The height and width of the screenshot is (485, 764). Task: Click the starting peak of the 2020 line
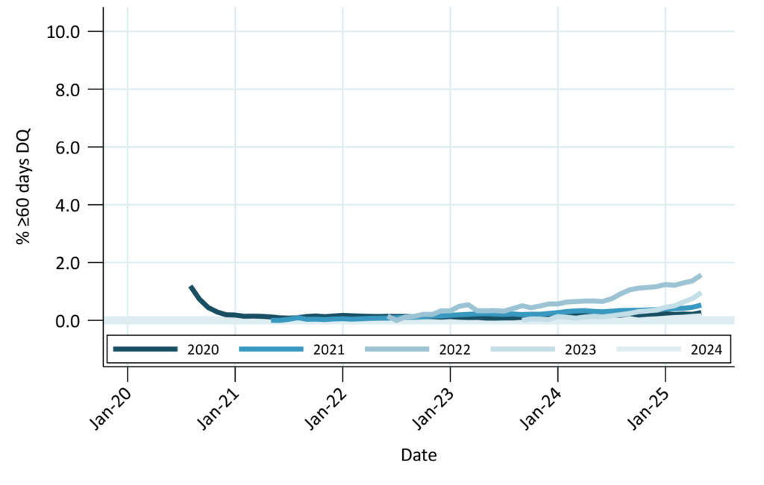point(191,287)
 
